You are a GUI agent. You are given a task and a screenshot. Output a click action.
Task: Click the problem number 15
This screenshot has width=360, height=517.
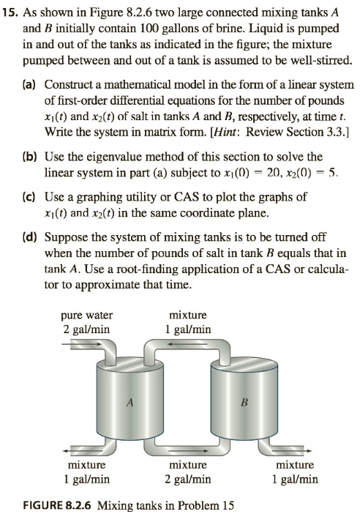pos(10,13)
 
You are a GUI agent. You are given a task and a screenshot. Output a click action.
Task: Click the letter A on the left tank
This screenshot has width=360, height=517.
pos(130,402)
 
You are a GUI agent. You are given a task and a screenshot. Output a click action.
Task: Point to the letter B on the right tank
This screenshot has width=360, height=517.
pos(244,402)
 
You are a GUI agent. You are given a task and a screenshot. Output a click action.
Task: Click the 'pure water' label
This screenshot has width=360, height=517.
pos(86,316)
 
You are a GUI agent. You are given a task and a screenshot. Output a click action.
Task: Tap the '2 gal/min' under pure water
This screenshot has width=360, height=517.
pos(86,330)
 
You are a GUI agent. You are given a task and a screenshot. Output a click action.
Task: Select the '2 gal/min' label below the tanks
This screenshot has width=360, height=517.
pos(188,479)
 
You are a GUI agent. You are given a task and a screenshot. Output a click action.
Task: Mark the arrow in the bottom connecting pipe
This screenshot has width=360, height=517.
pos(195,450)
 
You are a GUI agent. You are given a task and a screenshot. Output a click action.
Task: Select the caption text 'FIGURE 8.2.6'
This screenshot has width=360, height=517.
pos(56,505)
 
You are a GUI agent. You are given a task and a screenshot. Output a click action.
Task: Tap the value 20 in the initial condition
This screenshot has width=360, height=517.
pos(273,173)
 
